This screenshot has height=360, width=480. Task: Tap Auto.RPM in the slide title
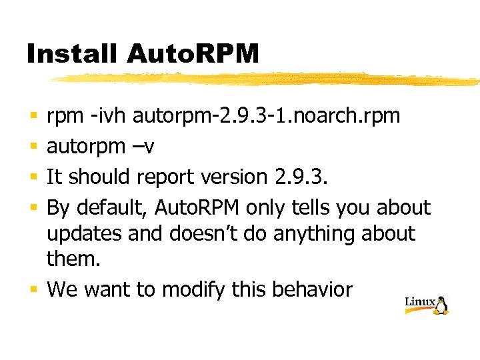pyautogui.click(x=191, y=54)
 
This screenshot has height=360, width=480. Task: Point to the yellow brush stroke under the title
pyautogui.click(x=267, y=79)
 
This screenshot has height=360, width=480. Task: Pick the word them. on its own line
pyautogui.click(x=73, y=260)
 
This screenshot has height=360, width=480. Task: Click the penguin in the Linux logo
pyautogui.click(x=441, y=305)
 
